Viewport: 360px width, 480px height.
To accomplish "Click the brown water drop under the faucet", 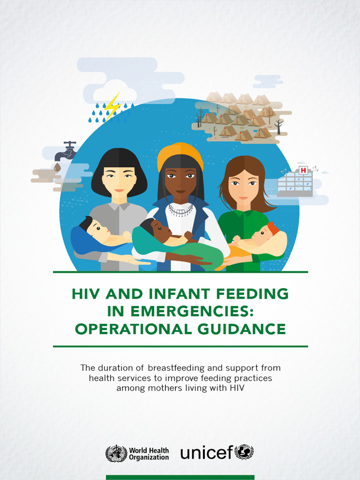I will (57, 167).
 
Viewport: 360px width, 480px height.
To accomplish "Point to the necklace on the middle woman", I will (180, 210).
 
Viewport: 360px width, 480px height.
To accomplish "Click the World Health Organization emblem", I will (116, 453).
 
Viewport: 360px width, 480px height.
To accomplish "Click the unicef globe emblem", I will (244, 452).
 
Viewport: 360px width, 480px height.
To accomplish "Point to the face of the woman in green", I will (243, 185).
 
